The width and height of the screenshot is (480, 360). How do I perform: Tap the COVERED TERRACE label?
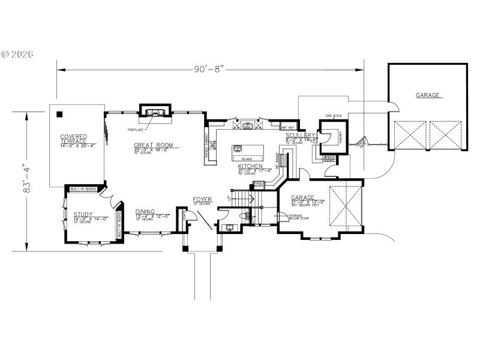pyautogui.click(x=73, y=140)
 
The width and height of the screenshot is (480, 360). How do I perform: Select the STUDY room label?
pyautogui.click(x=83, y=214)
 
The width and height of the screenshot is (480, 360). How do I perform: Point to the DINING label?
pyautogui.click(x=145, y=212)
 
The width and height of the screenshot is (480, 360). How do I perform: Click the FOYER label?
pyautogui.click(x=202, y=199)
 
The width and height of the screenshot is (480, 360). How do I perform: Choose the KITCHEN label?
pyautogui.click(x=250, y=166)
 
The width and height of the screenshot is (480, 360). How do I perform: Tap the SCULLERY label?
pyautogui.click(x=301, y=136)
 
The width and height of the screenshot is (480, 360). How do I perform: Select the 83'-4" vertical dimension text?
pyautogui.click(x=26, y=179)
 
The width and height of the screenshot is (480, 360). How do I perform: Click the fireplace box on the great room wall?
pyautogui.click(x=155, y=112)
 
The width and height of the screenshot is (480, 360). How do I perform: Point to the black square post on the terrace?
pyautogui.click(x=59, y=113)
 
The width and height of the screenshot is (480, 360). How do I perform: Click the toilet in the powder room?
pyautogui.click(x=243, y=214)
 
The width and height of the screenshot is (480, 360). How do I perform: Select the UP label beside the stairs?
pyautogui.click(x=229, y=197)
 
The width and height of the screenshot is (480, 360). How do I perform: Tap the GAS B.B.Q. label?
pyautogui.click(x=333, y=115)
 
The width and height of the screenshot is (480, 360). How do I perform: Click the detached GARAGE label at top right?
pyautogui.click(x=428, y=95)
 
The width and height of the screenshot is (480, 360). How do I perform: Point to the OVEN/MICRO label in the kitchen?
pyautogui.click(x=259, y=184)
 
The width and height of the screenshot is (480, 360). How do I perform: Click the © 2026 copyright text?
pyautogui.click(x=18, y=54)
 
